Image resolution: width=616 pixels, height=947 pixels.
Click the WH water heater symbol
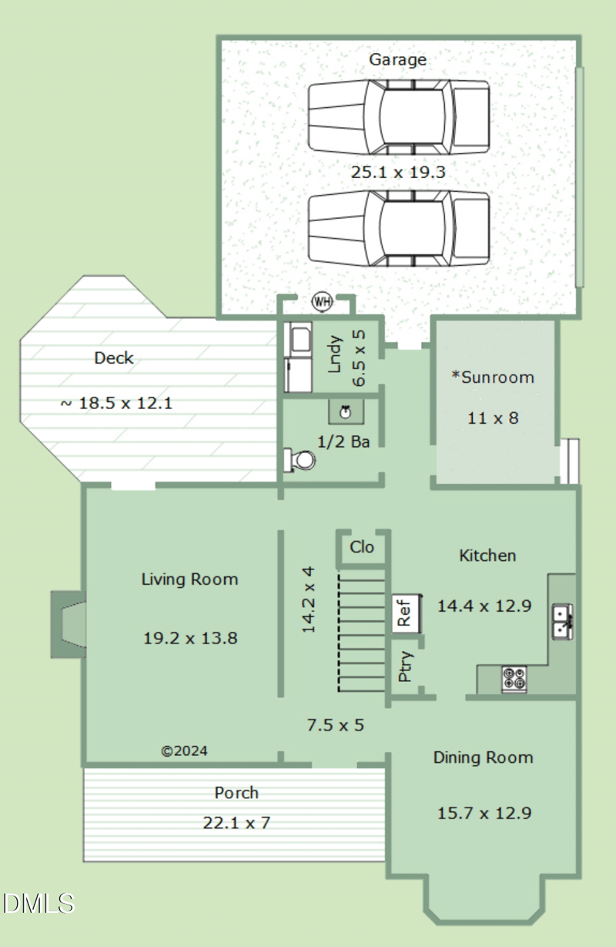[x=321, y=302]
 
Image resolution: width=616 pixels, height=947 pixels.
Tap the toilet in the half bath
[x=300, y=461]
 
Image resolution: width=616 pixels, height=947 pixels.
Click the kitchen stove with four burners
[x=514, y=679]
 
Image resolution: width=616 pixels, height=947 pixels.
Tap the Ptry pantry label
[x=406, y=667]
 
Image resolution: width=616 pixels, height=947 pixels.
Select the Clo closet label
[x=362, y=547]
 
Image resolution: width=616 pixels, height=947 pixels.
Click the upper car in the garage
[x=399, y=116]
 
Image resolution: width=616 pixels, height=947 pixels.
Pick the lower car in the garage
[x=399, y=228]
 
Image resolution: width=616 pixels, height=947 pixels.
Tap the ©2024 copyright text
[x=184, y=751]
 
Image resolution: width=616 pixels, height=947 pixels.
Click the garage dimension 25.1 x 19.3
[x=398, y=173]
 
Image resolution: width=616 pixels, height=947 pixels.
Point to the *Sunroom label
[x=493, y=378]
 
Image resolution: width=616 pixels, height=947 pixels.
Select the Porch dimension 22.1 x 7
[x=236, y=822]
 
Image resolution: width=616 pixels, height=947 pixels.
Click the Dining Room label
[x=483, y=757]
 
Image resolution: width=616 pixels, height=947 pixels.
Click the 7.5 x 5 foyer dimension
[x=335, y=725]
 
